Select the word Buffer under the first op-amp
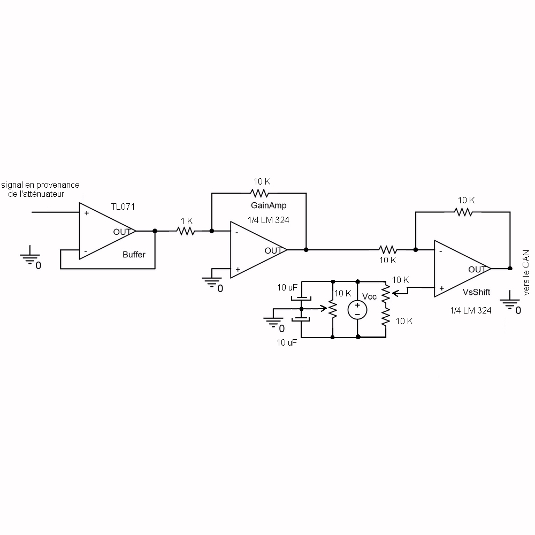click(134, 255)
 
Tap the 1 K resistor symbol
click(186, 231)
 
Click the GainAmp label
click(265, 205)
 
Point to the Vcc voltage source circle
click(357, 310)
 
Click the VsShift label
click(477, 293)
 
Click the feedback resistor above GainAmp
click(259, 193)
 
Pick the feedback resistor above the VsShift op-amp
click(464, 211)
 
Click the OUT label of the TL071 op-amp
click(121, 232)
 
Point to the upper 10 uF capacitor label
click(287, 288)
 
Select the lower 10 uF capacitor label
click(287, 343)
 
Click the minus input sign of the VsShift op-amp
click(440, 250)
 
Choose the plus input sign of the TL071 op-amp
click(86, 213)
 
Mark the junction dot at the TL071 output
click(155, 231)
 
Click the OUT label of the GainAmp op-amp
click(273, 250)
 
